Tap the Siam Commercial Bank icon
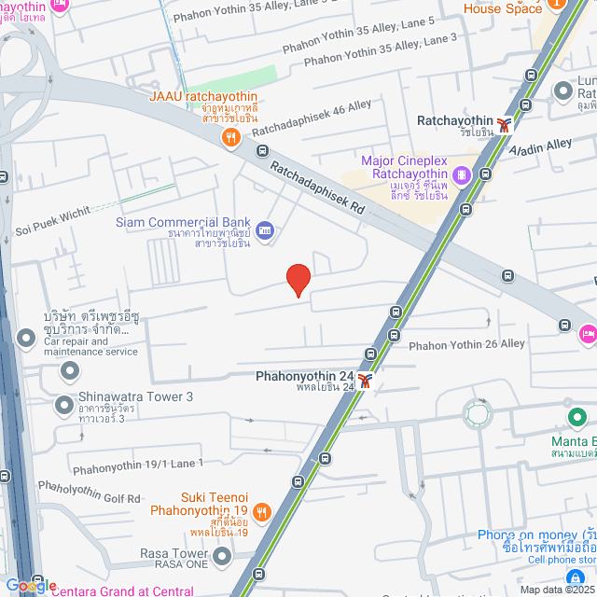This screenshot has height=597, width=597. pyautogui.click(x=264, y=229)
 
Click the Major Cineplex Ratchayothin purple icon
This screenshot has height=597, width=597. pyautogui.click(x=460, y=174)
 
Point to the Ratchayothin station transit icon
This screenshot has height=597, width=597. pyautogui.click(x=505, y=125)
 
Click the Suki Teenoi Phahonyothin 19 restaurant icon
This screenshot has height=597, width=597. pyautogui.click(x=261, y=511)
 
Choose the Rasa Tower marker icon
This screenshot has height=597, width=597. pyautogui.click(x=221, y=558)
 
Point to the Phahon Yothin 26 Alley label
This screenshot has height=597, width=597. pyautogui.click(x=466, y=345)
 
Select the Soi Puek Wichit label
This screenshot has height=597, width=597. pyautogui.click(x=53, y=218)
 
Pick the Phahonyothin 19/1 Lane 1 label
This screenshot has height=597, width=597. pyautogui.click(x=137, y=463)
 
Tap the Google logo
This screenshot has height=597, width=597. pyautogui.click(x=31, y=586)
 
